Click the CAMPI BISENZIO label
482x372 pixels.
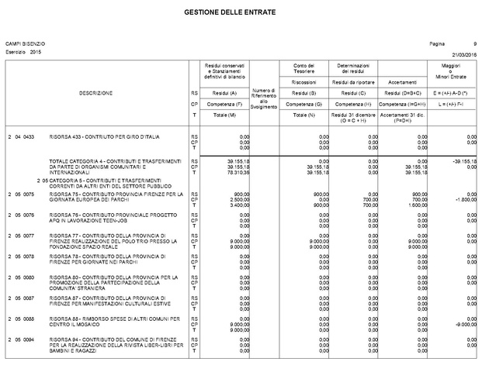[25, 44]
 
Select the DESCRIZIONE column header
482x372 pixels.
[96, 93]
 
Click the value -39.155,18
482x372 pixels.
[463, 160]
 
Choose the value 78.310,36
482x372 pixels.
[238, 172]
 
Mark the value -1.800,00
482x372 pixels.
[465, 199]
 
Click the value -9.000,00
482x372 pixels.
[465, 324]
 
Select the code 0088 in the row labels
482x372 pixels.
[29, 319]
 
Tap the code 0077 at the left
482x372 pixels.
[29, 235]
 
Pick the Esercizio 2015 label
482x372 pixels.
[23, 51]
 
